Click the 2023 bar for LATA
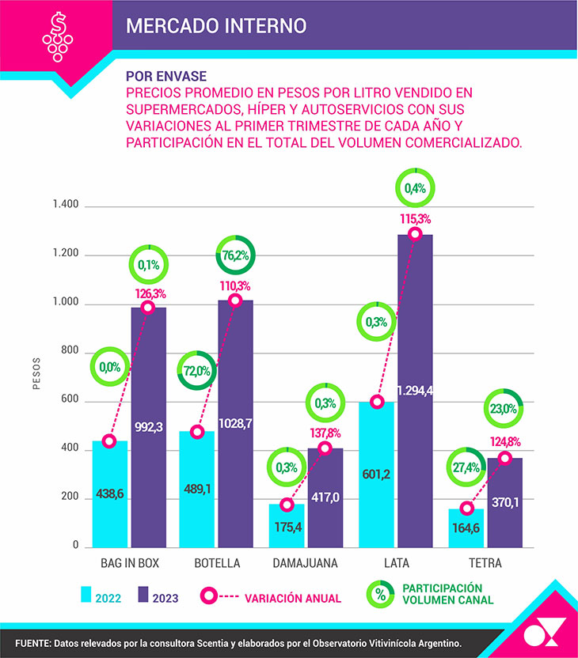(415, 391)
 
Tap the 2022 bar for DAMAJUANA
(287, 526)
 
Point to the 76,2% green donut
(235, 255)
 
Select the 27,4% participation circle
(466, 468)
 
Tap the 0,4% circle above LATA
(415, 188)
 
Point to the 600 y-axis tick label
(70, 401)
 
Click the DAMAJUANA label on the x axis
(305, 564)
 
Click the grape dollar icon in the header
(55, 36)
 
